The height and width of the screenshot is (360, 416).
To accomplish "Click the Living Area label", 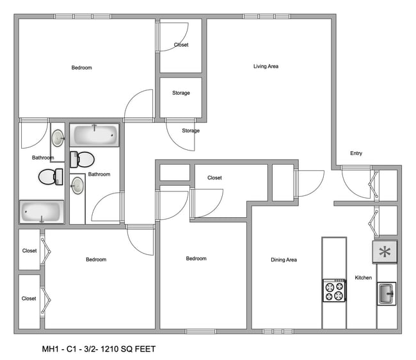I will click(x=266, y=66).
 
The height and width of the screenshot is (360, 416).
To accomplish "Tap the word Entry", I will click(x=356, y=153).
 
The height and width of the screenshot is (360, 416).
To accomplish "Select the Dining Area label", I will click(x=283, y=259).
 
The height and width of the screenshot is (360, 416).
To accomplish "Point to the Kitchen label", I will click(x=364, y=277).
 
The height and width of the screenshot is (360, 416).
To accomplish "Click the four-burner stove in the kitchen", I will click(x=334, y=291).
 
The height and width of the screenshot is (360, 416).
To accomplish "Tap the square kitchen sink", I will click(x=386, y=293).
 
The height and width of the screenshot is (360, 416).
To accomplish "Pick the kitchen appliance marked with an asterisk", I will click(x=385, y=252).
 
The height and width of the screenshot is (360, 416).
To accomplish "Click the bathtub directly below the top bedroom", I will click(x=95, y=136).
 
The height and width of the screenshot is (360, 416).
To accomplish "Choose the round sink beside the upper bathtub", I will click(x=58, y=138).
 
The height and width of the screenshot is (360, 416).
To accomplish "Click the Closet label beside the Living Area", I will click(x=181, y=45).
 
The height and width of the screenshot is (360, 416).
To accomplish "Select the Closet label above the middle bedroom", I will click(x=214, y=177).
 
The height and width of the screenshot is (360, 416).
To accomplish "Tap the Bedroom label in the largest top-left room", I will click(x=81, y=68).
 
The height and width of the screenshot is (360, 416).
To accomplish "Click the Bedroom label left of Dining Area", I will click(x=196, y=258).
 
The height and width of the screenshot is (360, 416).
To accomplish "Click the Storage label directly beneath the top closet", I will click(x=181, y=93).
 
